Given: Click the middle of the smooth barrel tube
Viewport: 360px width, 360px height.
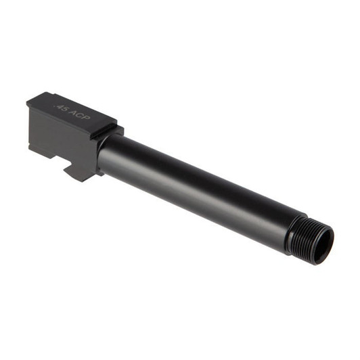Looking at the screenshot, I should coord(196,186).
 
